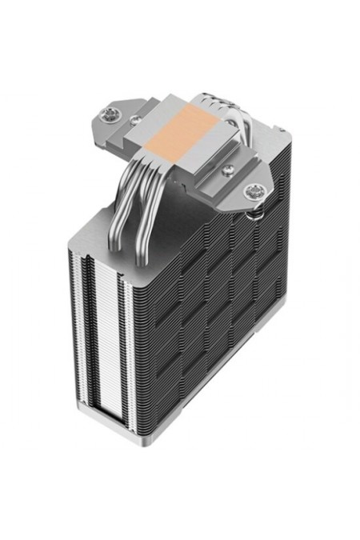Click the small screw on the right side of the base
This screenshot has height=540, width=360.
pyautogui.click(x=229, y=170)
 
